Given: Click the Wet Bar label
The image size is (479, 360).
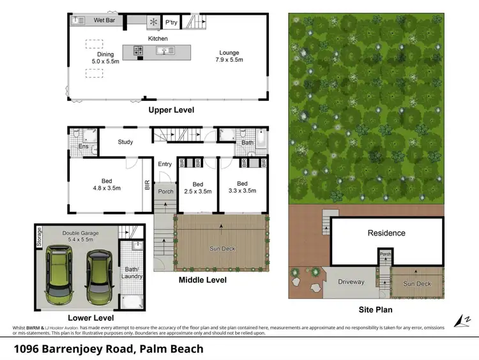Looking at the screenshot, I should point(103,20).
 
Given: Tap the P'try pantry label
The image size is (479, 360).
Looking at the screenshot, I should point(171,22).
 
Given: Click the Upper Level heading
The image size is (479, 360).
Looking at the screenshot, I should point(171,110).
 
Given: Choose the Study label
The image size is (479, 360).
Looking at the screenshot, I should point(125,142).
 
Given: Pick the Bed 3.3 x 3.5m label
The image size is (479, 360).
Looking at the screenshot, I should point(242,186).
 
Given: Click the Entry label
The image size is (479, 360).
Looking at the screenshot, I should point(165,164).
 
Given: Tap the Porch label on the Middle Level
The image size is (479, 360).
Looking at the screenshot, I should point(165,191).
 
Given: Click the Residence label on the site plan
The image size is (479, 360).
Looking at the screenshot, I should point(386,233).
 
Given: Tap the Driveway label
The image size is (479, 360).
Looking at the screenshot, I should point(351,281).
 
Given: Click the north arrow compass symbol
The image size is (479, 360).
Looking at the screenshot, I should point(459,320).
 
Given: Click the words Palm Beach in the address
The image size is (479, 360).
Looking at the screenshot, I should point(173,349).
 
